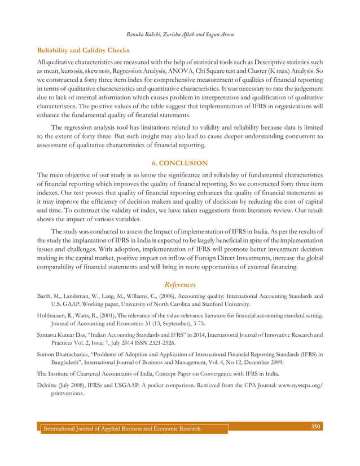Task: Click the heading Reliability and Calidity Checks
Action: [x=83, y=50]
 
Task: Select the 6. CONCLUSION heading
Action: [x=179, y=163]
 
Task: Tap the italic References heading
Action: [x=179, y=285]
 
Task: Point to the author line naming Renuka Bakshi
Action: [x=179, y=34]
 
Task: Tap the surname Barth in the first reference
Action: [x=45, y=296]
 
